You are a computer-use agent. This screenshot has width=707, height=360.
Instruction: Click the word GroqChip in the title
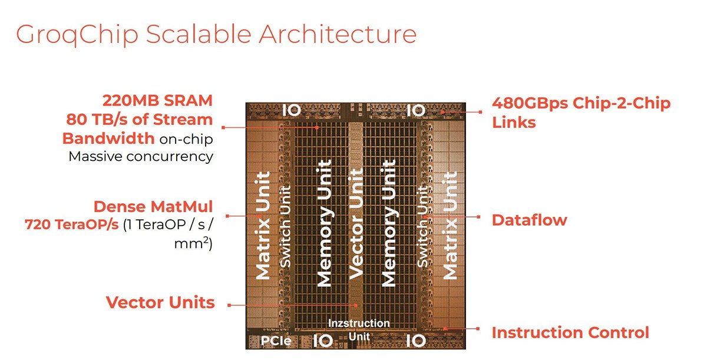click(77, 35)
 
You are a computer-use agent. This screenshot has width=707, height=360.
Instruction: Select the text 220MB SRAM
click(157, 101)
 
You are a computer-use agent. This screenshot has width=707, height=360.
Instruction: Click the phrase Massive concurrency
click(141, 157)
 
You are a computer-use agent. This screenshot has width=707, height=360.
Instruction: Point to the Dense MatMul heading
click(153, 207)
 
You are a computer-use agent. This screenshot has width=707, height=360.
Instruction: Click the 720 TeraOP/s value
click(72, 224)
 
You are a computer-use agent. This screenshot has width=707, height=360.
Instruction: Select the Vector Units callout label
click(160, 302)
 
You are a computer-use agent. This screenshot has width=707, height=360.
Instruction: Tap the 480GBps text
click(530, 103)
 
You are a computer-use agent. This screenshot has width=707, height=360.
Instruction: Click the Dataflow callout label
click(529, 220)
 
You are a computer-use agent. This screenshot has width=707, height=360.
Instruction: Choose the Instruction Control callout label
click(570, 332)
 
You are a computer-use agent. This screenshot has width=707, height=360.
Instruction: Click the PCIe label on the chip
click(276, 341)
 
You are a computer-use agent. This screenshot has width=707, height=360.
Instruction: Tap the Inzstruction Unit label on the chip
click(359, 330)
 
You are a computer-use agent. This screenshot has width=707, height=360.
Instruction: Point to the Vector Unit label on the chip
click(356, 224)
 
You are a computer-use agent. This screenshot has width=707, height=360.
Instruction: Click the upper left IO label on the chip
click(291, 110)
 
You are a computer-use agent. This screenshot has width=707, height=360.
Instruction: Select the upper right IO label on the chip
click(416, 110)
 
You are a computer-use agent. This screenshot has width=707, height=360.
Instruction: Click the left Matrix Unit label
click(263, 225)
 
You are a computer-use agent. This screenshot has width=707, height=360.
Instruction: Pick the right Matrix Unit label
click(450, 225)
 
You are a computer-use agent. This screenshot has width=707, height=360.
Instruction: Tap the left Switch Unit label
click(285, 226)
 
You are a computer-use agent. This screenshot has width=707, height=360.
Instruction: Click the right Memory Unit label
click(388, 223)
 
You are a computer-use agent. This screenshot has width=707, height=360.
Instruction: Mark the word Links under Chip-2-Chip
click(514, 122)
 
